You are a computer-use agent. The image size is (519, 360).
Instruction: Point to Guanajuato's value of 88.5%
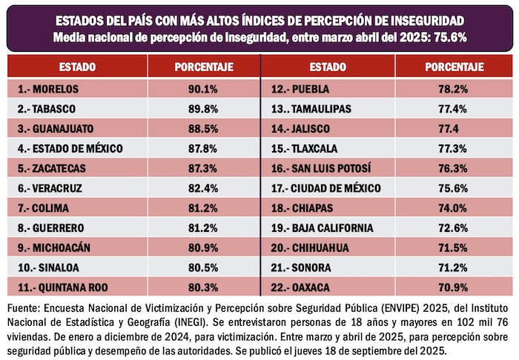204,128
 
